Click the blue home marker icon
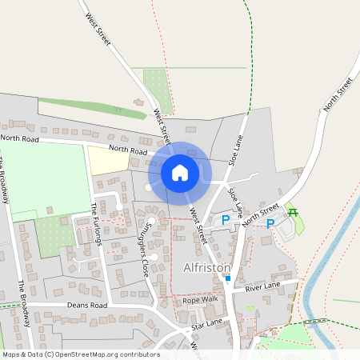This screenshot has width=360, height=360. tap(180, 172)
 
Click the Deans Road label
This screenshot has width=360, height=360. tap(87, 305)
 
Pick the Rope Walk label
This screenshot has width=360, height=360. tap(200, 299)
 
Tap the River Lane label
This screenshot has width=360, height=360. tap(263, 286)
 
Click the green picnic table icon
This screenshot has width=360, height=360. tap(293, 212)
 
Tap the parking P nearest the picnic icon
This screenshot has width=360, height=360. tap(270, 223)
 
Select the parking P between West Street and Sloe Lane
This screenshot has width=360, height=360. tap(226, 219)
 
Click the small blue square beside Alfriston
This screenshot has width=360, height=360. tap(227, 278)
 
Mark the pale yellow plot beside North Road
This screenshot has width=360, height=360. tap(108, 160)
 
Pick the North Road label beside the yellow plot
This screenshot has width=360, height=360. tap(129, 150)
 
